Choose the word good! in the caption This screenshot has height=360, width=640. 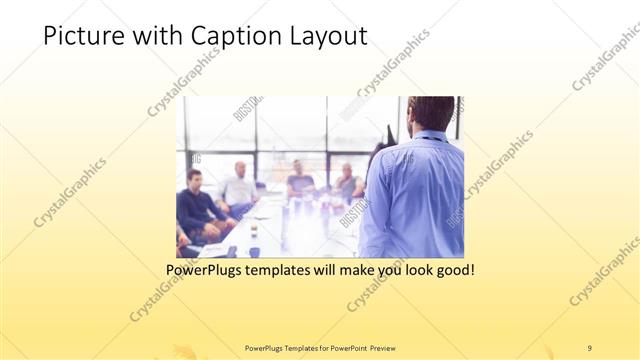click(450, 270)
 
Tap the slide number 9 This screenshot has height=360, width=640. click(589, 347)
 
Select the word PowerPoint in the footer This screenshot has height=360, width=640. click(340, 347)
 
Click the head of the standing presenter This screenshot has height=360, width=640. click(431, 114)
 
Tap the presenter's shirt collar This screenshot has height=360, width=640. click(428, 136)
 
